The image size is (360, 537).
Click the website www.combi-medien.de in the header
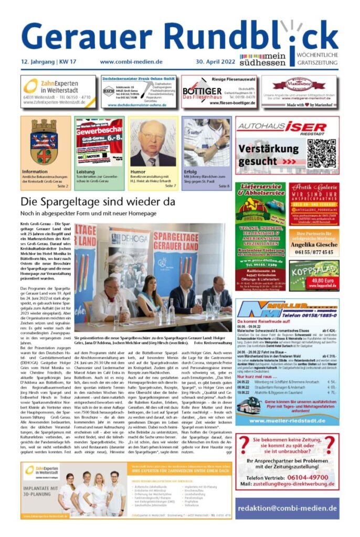click(x=131, y=62)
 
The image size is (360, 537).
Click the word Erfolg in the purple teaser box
click(x=190, y=171)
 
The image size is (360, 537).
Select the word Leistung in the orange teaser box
click(x=86, y=171)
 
